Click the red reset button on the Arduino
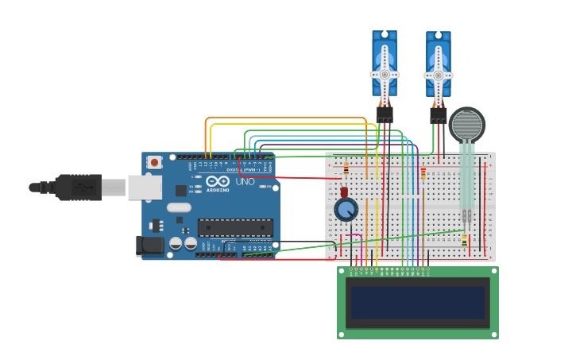[154, 162]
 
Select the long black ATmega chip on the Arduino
[235, 228]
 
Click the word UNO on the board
[245, 181]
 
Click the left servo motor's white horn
[385, 73]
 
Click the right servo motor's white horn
[438, 75]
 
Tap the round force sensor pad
[466, 125]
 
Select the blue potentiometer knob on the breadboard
[346, 209]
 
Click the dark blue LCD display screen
[418, 302]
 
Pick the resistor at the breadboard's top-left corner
[346, 168]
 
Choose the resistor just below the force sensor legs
[465, 239]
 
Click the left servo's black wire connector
[385, 115]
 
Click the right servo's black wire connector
[438, 116]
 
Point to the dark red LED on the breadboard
[344, 193]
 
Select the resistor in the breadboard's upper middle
[423, 173]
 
